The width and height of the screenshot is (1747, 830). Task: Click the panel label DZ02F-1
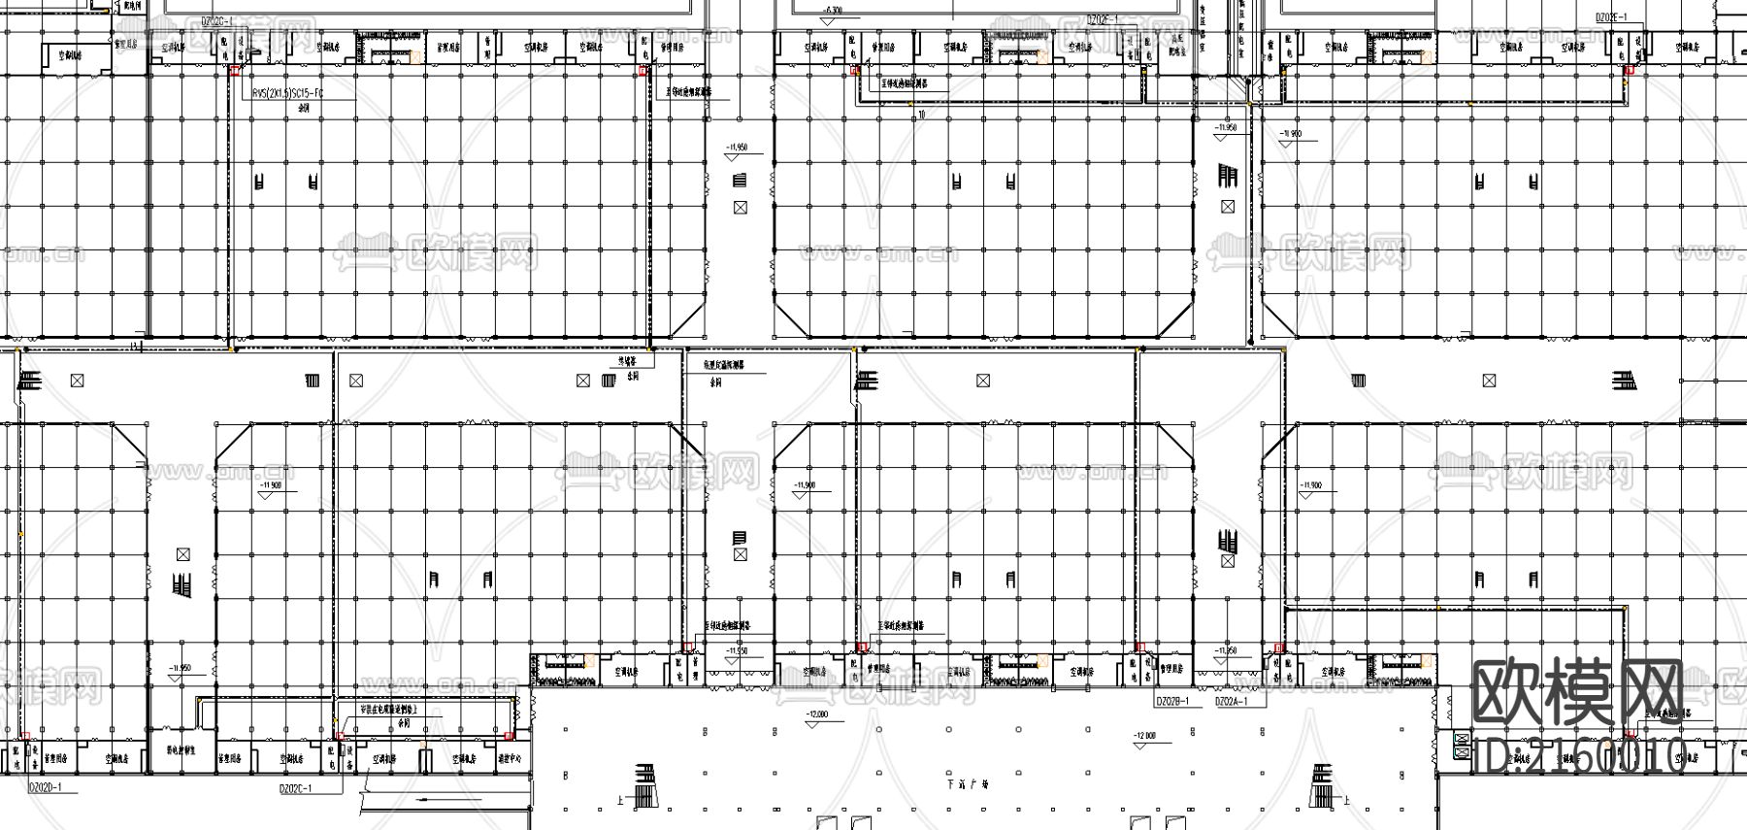coord(1103,18)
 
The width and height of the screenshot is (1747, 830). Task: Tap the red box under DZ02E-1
coord(1631,71)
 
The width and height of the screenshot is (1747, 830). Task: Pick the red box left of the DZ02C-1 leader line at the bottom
coord(339,737)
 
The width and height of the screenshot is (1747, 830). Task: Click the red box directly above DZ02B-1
coord(1140,647)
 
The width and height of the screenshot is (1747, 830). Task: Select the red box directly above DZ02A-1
coord(1278,647)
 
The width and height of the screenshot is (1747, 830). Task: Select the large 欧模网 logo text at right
coord(1578,692)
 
